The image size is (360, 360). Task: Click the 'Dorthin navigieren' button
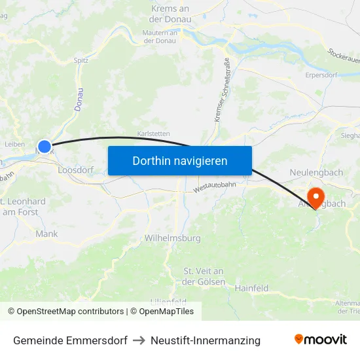[179, 160]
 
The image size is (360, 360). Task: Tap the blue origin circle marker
[44, 147]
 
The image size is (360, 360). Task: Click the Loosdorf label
[76, 170]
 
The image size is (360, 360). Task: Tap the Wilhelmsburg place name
[173, 238]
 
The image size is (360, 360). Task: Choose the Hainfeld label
[252, 287]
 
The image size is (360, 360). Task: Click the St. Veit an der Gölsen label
[204, 276]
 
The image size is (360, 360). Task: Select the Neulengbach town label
[317, 172]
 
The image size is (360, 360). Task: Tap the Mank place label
[46, 234]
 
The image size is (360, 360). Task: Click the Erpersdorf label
[321, 75]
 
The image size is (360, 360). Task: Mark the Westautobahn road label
[214, 187]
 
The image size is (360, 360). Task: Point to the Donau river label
[79, 99]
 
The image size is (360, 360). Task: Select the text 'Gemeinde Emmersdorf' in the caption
[70, 340]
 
